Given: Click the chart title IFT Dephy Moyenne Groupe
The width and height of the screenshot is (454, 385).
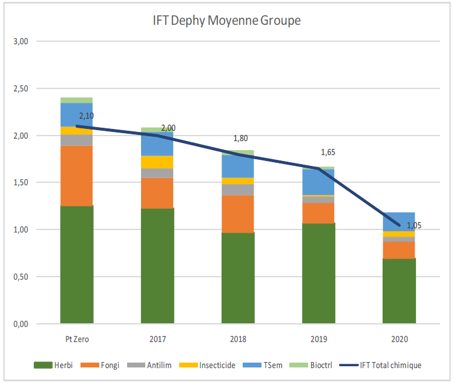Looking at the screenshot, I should pyautogui.click(x=227, y=21).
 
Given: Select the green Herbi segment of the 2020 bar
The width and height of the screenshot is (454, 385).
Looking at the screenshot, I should pyautogui.click(x=398, y=291).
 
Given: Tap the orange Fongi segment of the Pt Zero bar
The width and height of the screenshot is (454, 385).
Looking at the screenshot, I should pyautogui.click(x=76, y=176).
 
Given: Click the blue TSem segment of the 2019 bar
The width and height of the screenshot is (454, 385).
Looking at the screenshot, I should pyautogui.click(x=318, y=182).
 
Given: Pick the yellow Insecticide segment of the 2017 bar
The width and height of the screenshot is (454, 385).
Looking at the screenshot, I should pyautogui.click(x=157, y=162).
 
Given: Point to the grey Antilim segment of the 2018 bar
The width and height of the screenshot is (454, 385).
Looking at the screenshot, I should pyautogui.click(x=237, y=189).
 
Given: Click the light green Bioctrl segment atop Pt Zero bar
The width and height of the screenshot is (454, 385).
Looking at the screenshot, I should pyautogui.click(x=76, y=100).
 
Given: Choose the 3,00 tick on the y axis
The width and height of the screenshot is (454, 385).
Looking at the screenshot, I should pyautogui.click(x=21, y=41).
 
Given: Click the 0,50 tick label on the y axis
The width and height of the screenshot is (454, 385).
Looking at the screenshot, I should pyautogui.click(x=21, y=277).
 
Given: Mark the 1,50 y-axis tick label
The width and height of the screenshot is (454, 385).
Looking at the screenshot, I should pyautogui.click(x=21, y=182).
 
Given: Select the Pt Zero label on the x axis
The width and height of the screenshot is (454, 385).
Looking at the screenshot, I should pyautogui.click(x=76, y=339).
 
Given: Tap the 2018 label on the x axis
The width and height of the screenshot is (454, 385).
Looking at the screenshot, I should pyautogui.click(x=237, y=339).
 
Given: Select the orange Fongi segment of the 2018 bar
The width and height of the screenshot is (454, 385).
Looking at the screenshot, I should pyautogui.click(x=237, y=214).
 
